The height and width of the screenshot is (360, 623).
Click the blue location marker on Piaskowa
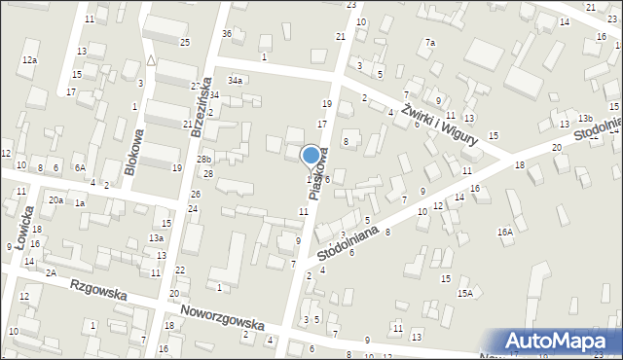(311, 155)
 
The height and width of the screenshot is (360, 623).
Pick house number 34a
(235, 80)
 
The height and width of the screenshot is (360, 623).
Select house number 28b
(203, 159)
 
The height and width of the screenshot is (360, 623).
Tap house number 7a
(430, 43)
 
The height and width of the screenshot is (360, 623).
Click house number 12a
(29, 60)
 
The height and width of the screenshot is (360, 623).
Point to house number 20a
(56, 200)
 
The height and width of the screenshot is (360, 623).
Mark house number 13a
(156, 237)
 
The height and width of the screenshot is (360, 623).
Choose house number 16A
(504, 232)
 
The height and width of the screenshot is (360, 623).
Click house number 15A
(465, 293)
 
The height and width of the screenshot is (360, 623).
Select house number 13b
(584, 118)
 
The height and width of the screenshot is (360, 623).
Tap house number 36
(227, 34)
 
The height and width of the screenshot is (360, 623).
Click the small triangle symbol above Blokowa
(151, 60)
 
